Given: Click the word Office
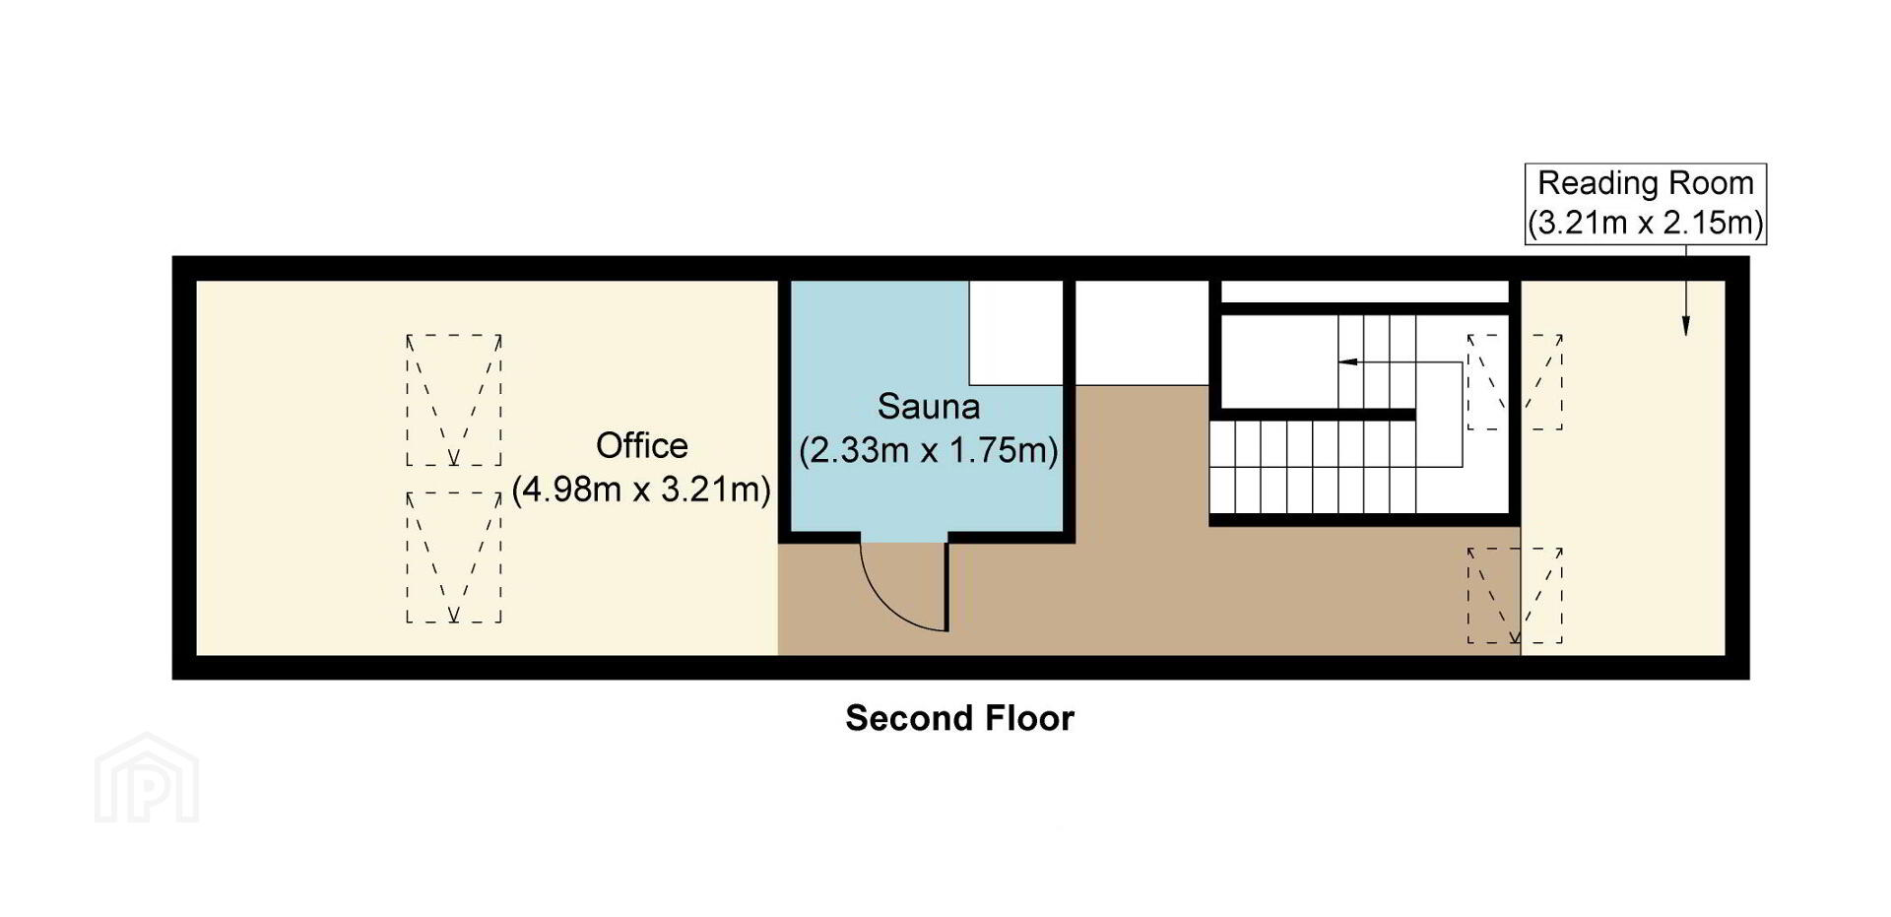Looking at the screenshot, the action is [641, 446].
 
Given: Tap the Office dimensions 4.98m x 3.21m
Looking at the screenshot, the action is [641, 490].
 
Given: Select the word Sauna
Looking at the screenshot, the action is [929, 407].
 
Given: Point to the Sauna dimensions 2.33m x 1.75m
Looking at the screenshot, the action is [929, 450].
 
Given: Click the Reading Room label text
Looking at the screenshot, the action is [1646, 183].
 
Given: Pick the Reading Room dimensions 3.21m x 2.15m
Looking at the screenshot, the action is [1646, 223].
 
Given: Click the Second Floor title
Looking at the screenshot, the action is [959, 718].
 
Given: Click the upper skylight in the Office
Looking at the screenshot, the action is [454, 400].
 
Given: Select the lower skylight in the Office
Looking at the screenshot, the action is [454, 557].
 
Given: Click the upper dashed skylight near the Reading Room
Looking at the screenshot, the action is [1515, 382].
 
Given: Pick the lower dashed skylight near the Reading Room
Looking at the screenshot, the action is [1515, 596].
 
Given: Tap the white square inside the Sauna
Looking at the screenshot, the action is [1016, 332].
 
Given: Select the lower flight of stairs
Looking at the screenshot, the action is [1313, 468].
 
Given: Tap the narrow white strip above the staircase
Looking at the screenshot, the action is [1365, 292].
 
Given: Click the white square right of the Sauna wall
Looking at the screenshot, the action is [1141, 332].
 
